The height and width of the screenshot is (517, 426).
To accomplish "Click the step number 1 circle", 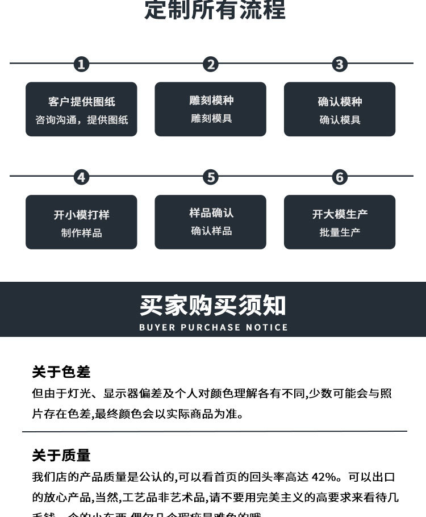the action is click(x=81, y=64).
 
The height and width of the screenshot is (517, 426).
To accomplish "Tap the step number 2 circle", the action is click(x=211, y=64).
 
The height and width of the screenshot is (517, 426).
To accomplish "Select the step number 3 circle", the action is click(x=340, y=64).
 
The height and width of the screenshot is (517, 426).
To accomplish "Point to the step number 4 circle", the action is click(x=81, y=177).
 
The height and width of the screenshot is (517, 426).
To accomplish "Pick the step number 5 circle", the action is click(x=211, y=177).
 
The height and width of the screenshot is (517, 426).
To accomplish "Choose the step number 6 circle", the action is click(x=340, y=177).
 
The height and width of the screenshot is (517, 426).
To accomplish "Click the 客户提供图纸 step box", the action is click(x=81, y=109).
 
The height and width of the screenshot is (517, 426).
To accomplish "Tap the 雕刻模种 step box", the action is click(x=210, y=109).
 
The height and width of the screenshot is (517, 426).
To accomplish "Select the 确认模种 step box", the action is click(x=340, y=109).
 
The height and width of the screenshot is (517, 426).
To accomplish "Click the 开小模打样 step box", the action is click(x=81, y=222).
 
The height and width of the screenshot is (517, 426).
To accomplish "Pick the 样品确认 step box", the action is click(x=210, y=222).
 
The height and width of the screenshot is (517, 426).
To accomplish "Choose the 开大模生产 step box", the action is click(x=340, y=222).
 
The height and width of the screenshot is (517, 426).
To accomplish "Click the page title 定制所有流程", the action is click(x=215, y=10).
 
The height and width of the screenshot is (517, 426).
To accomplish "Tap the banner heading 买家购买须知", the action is click(x=213, y=306).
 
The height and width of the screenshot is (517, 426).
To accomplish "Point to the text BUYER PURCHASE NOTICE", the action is click(x=213, y=327).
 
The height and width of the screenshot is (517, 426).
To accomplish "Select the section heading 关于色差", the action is click(x=61, y=372).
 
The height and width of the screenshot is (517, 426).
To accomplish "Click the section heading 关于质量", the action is click(x=61, y=456).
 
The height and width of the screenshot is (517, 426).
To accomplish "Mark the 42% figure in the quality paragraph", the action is click(x=327, y=477).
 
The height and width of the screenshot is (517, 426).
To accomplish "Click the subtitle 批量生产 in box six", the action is click(x=340, y=232).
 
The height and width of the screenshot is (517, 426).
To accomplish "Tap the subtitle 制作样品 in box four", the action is click(x=81, y=233).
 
